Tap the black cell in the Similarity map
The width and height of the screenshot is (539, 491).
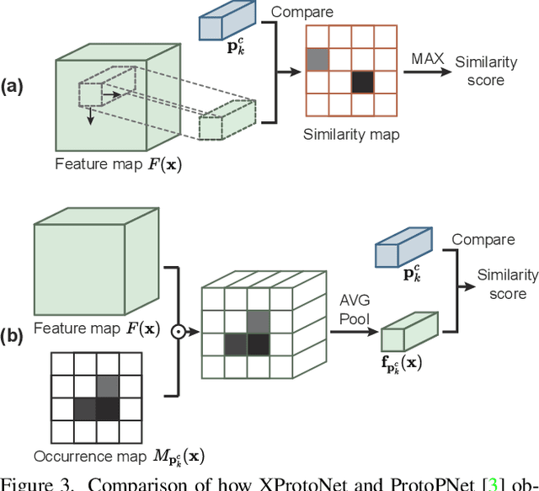point(362,82)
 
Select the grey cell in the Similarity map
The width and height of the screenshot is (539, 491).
point(318,59)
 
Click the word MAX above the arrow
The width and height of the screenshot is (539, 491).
point(428,58)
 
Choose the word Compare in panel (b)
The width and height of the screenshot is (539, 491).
point(483,239)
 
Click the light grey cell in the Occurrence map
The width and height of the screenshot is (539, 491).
point(108,387)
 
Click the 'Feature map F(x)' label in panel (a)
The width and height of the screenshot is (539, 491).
point(117,164)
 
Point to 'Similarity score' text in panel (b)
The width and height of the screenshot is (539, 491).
point(507,284)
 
